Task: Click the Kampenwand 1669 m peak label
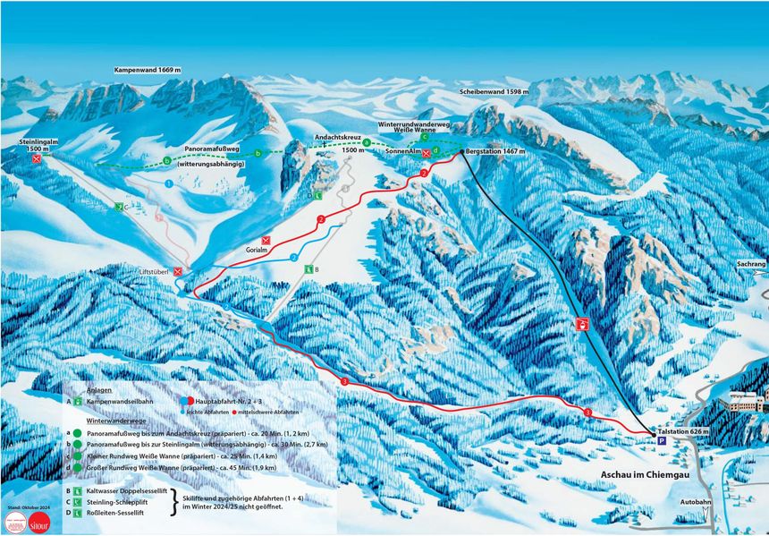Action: [148, 70]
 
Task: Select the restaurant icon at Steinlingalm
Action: [36, 159]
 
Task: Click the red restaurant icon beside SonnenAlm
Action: [427, 153]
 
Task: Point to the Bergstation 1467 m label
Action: [495, 152]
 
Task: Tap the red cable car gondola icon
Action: [583, 325]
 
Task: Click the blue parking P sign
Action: [663, 441]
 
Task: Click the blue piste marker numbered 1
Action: [168, 183]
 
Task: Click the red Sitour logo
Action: [38, 523]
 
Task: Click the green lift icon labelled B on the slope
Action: [307, 268]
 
